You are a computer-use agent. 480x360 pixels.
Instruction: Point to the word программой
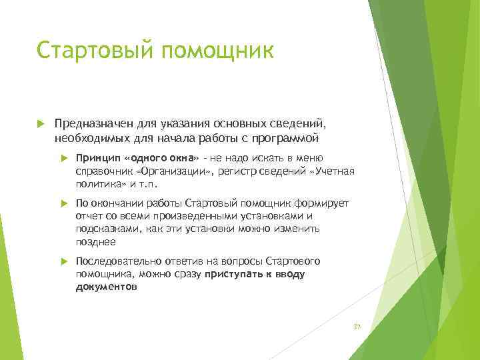(x=285, y=139)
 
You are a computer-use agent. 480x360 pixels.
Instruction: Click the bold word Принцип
(x=98, y=158)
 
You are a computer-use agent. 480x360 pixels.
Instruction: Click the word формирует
(x=324, y=203)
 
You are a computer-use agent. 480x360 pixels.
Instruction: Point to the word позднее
(x=95, y=241)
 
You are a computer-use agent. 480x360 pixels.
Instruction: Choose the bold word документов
(x=107, y=287)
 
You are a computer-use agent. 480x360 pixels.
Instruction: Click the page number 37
(x=357, y=327)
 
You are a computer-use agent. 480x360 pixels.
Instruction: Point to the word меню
(x=311, y=158)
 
